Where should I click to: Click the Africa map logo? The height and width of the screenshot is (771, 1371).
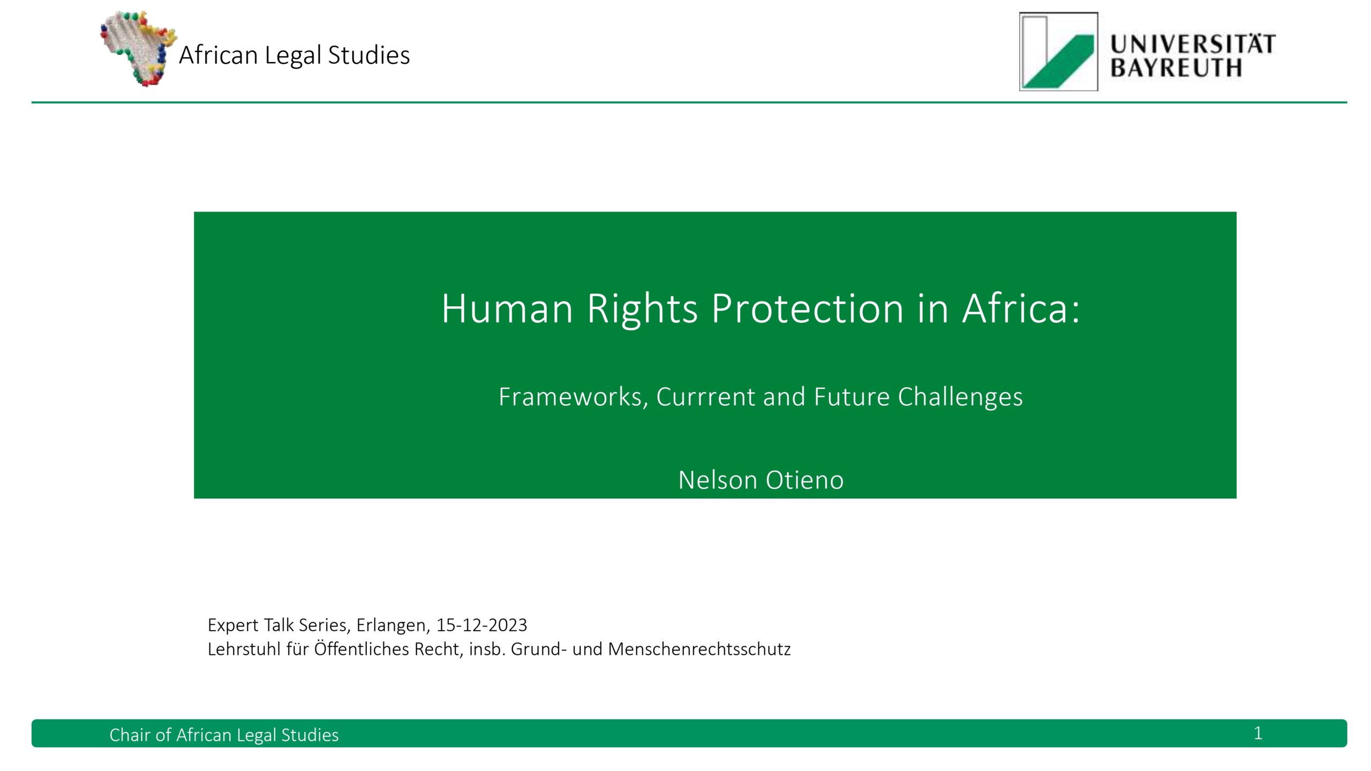(138, 48)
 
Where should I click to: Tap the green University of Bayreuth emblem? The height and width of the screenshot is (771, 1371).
(1058, 51)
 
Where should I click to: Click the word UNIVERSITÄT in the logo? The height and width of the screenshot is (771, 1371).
(1193, 44)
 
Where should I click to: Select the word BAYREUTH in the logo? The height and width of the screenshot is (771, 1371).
(1176, 68)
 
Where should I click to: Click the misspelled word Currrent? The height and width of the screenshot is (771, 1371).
(706, 397)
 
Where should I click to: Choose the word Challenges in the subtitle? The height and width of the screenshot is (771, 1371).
(960, 397)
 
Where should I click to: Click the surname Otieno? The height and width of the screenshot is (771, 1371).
(804, 480)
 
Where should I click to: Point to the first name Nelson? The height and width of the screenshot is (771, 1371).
(719, 480)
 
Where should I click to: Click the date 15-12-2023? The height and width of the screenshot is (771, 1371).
(481, 625)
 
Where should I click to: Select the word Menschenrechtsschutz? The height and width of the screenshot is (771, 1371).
(699, 649)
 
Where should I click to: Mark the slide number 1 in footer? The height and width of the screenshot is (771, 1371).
(1258, 734)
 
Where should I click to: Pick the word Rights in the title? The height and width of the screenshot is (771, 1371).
(643, 309)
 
